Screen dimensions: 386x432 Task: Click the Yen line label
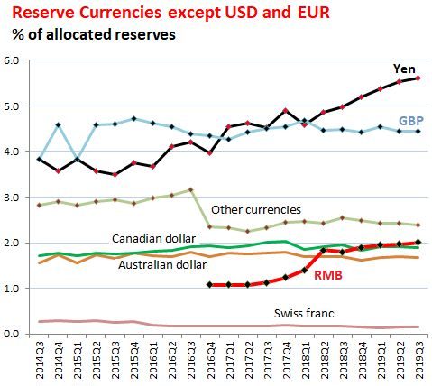click(403, 69)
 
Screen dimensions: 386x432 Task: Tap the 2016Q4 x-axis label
click(208, 361)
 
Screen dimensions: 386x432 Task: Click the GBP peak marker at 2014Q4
click(57, 125)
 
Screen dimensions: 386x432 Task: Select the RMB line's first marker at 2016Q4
click(208, 285)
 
